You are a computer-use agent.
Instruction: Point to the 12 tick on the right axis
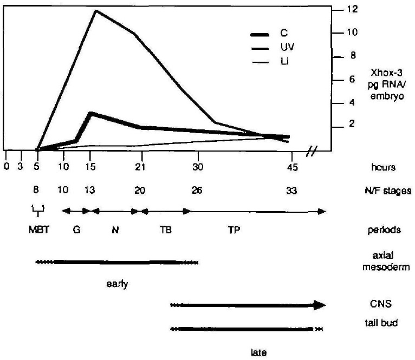tap(352, 9)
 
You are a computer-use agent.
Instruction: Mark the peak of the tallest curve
tap(96, 10)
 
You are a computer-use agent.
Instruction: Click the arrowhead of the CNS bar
tap(320, 305)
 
